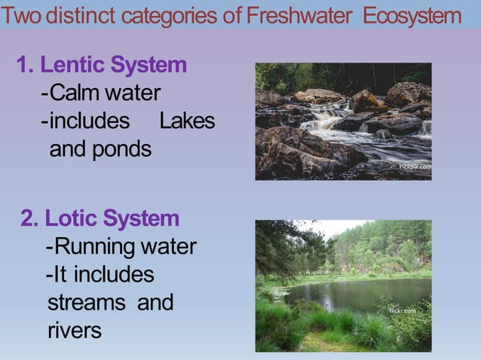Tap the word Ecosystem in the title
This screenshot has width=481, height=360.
(411, 16)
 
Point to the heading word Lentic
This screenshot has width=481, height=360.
(70, 66)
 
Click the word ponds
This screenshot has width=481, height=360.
(122, 149)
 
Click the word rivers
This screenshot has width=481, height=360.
(74, 331)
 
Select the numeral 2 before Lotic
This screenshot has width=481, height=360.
(29, 219)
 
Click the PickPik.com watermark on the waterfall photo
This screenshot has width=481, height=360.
(414, 166)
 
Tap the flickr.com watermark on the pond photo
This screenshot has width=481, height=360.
(402, 310)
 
